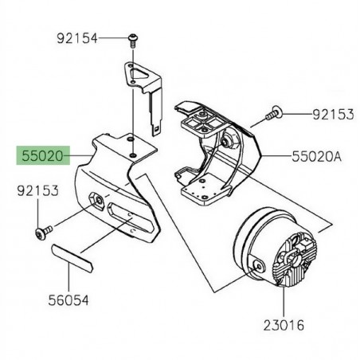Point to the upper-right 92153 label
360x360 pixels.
332,115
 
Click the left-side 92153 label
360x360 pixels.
41,191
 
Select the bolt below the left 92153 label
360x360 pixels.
42,232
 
